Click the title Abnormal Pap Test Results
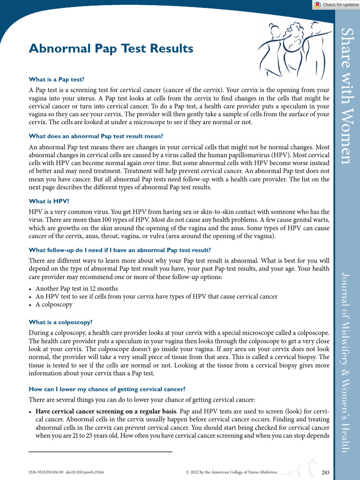[x=111, y=48]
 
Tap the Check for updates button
[x=336, y=5]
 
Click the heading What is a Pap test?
[x=57, y=79]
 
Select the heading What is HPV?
[x=49, y=201]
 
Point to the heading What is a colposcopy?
[x=61, y=322]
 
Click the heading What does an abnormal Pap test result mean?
[x=96, y=136]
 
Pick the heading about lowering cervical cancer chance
[x=107, y=389]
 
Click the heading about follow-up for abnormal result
[x=120, y=250]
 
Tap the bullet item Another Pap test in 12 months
[x=77, y=288]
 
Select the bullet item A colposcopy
[x=54, y=304]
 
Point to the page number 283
[x=326, y=472]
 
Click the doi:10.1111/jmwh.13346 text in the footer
[x=85, y=472]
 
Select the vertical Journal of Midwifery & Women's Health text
[x=346, y=361]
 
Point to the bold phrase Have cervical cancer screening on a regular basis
[x=106, y=411]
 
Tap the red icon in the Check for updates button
[x=317, y=5]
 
